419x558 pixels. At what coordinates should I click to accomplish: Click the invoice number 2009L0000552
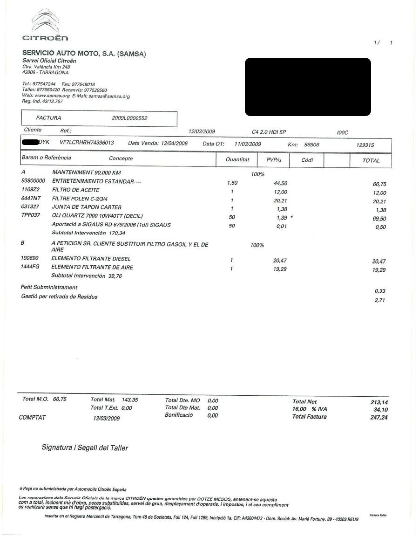[x=129, y=118]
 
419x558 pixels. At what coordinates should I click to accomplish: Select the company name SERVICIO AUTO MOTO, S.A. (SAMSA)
[x=84, y=54]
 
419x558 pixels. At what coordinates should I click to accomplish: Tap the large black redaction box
[x=308, y=87]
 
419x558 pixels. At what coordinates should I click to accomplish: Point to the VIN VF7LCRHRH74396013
[x=87, y=143]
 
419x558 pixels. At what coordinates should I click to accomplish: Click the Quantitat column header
[x=237, y=160]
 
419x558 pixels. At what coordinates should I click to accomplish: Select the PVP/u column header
[x=275, y=160]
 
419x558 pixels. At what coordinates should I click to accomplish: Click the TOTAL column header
[x=371, y=160]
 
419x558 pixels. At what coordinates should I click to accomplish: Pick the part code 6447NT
[x=31, y=199]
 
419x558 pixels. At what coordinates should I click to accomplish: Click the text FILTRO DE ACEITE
[x=75, y=190]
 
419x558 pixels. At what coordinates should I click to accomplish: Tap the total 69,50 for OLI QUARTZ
[x=380, y=219]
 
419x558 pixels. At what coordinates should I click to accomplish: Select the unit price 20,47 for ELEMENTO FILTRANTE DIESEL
[x=280, y=259]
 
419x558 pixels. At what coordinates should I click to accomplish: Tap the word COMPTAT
[x=32, y=418]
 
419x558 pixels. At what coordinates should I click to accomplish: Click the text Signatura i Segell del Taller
[x=85, y=448]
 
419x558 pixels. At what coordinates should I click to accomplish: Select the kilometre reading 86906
[x=311, y=145]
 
